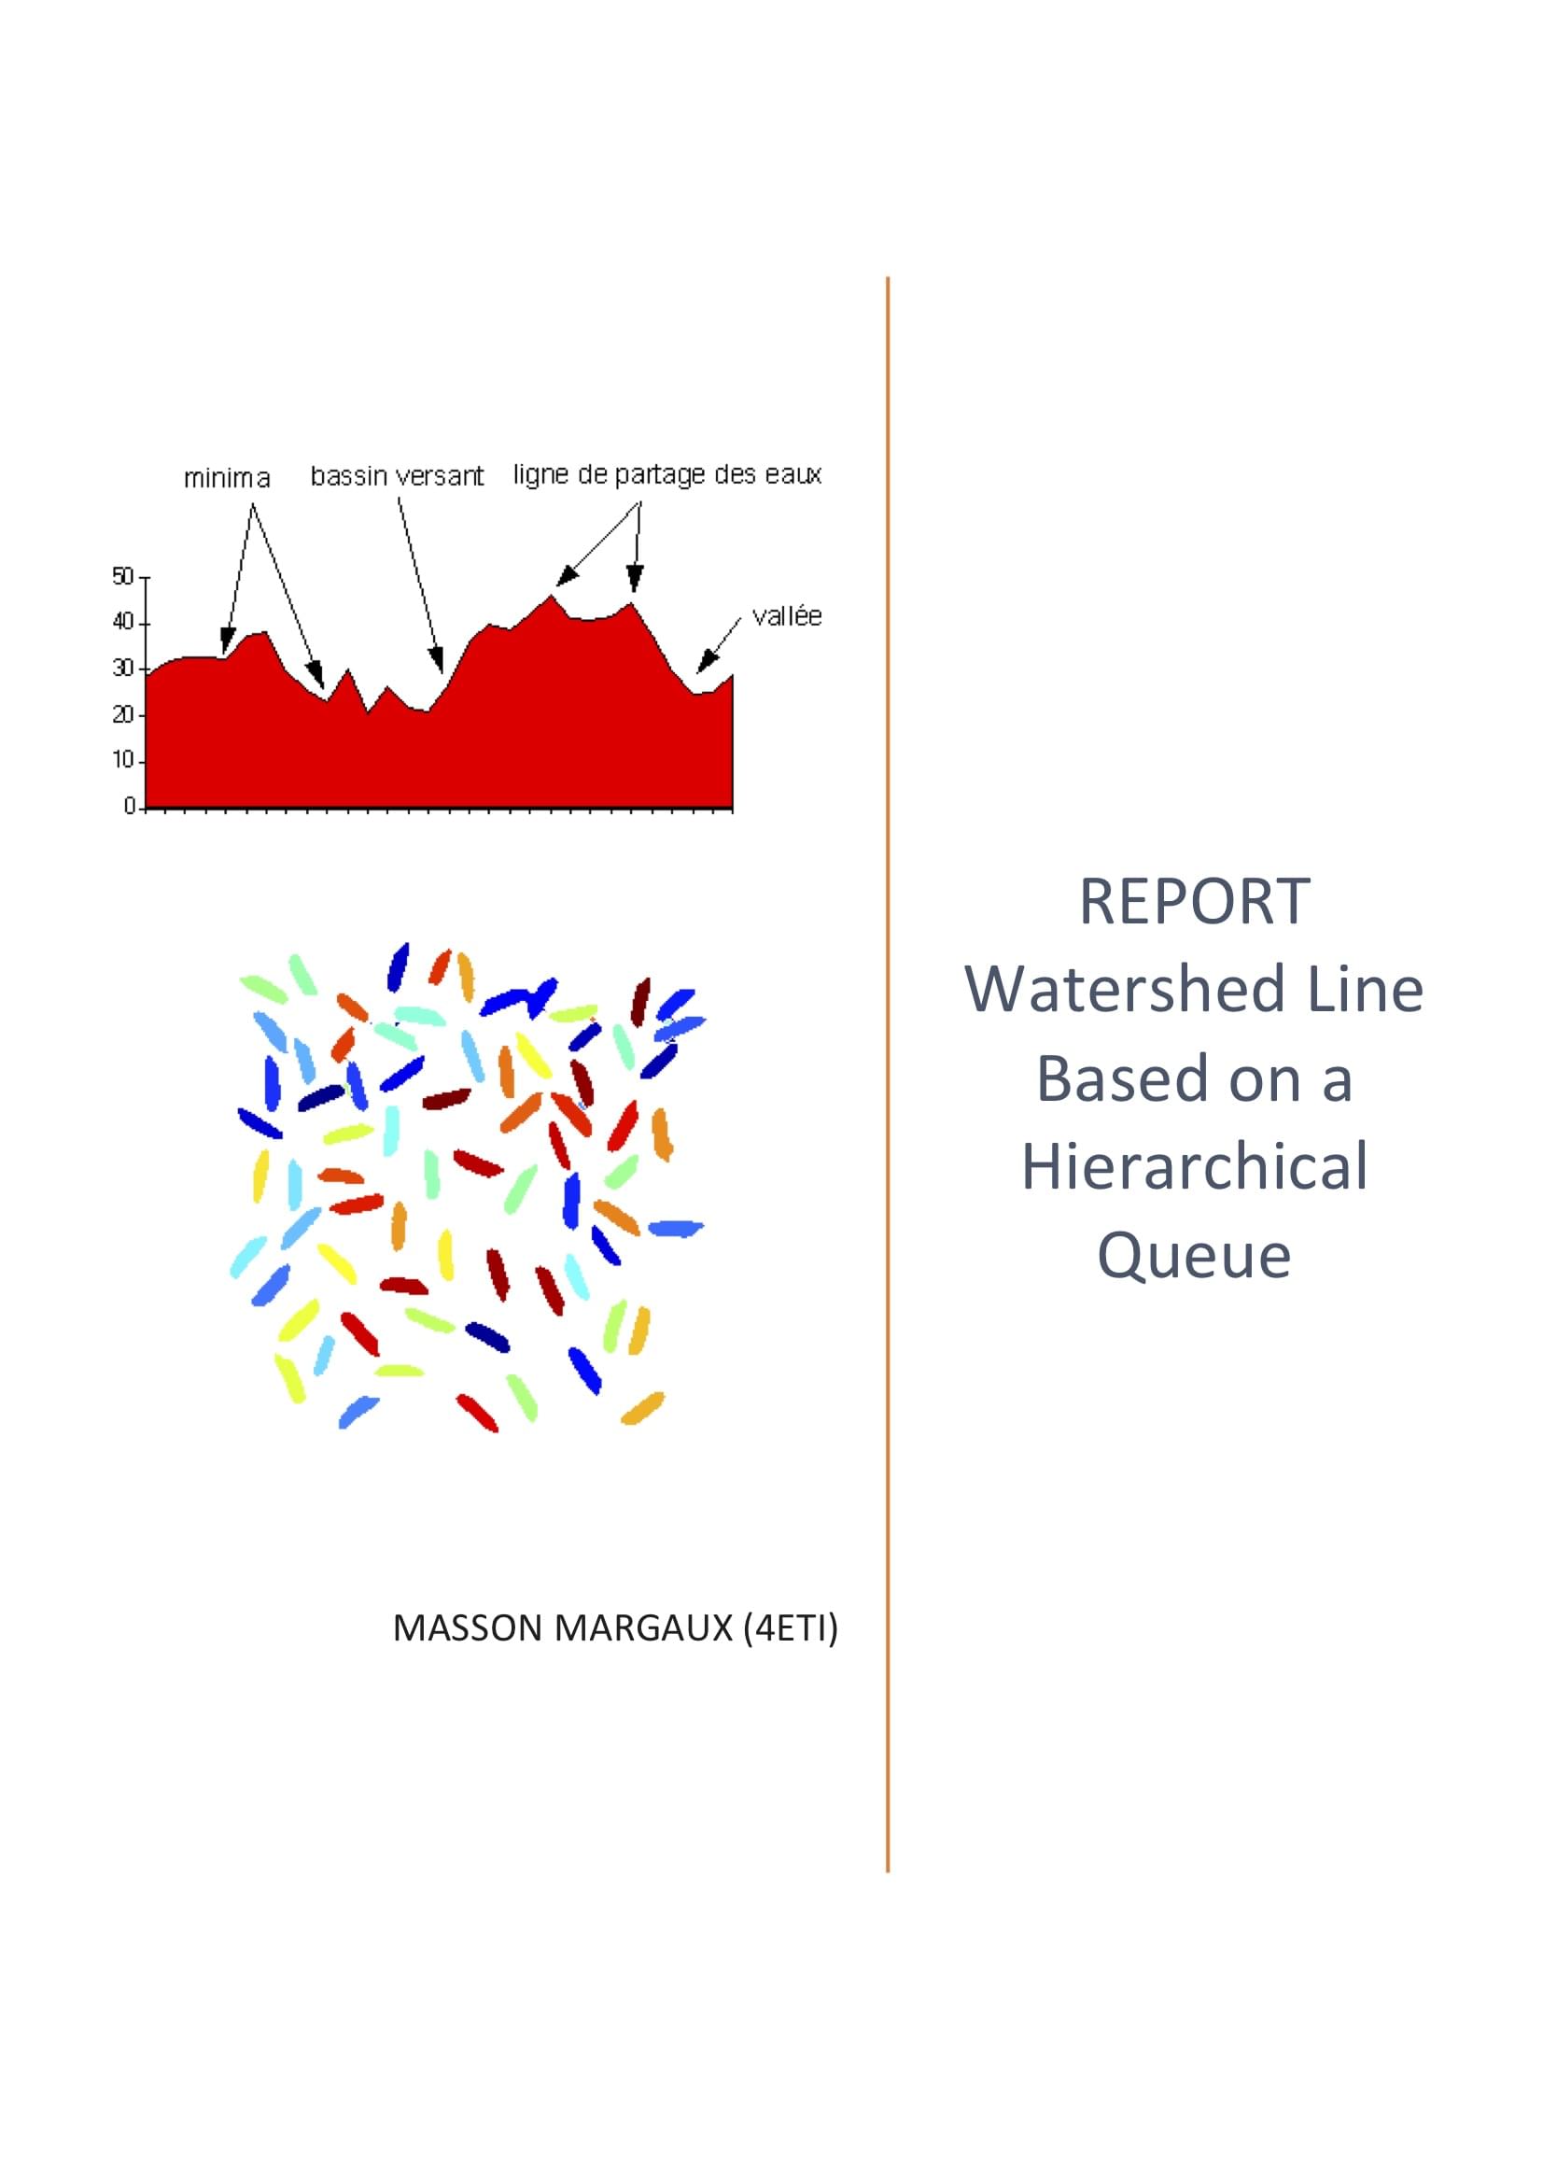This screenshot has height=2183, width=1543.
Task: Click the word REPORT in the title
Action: point(1193,901)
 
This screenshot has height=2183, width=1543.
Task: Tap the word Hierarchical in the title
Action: point(1194,1166)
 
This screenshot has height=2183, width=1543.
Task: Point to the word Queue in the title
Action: point(1193,1255)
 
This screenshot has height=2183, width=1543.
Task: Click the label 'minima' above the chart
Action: point(226,477)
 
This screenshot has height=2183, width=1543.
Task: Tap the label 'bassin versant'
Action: point(397,475)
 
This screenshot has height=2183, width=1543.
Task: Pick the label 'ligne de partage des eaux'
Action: point(666,474)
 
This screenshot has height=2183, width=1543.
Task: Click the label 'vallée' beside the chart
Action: point(786,616)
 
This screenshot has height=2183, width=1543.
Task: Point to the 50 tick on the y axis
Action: point(122,576)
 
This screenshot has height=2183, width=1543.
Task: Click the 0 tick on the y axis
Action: point(130,807)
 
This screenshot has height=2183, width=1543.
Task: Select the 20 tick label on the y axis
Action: point(122,714)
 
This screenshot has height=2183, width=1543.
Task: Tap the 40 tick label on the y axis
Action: point(122,622)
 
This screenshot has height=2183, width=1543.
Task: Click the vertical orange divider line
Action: point(887,1075)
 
